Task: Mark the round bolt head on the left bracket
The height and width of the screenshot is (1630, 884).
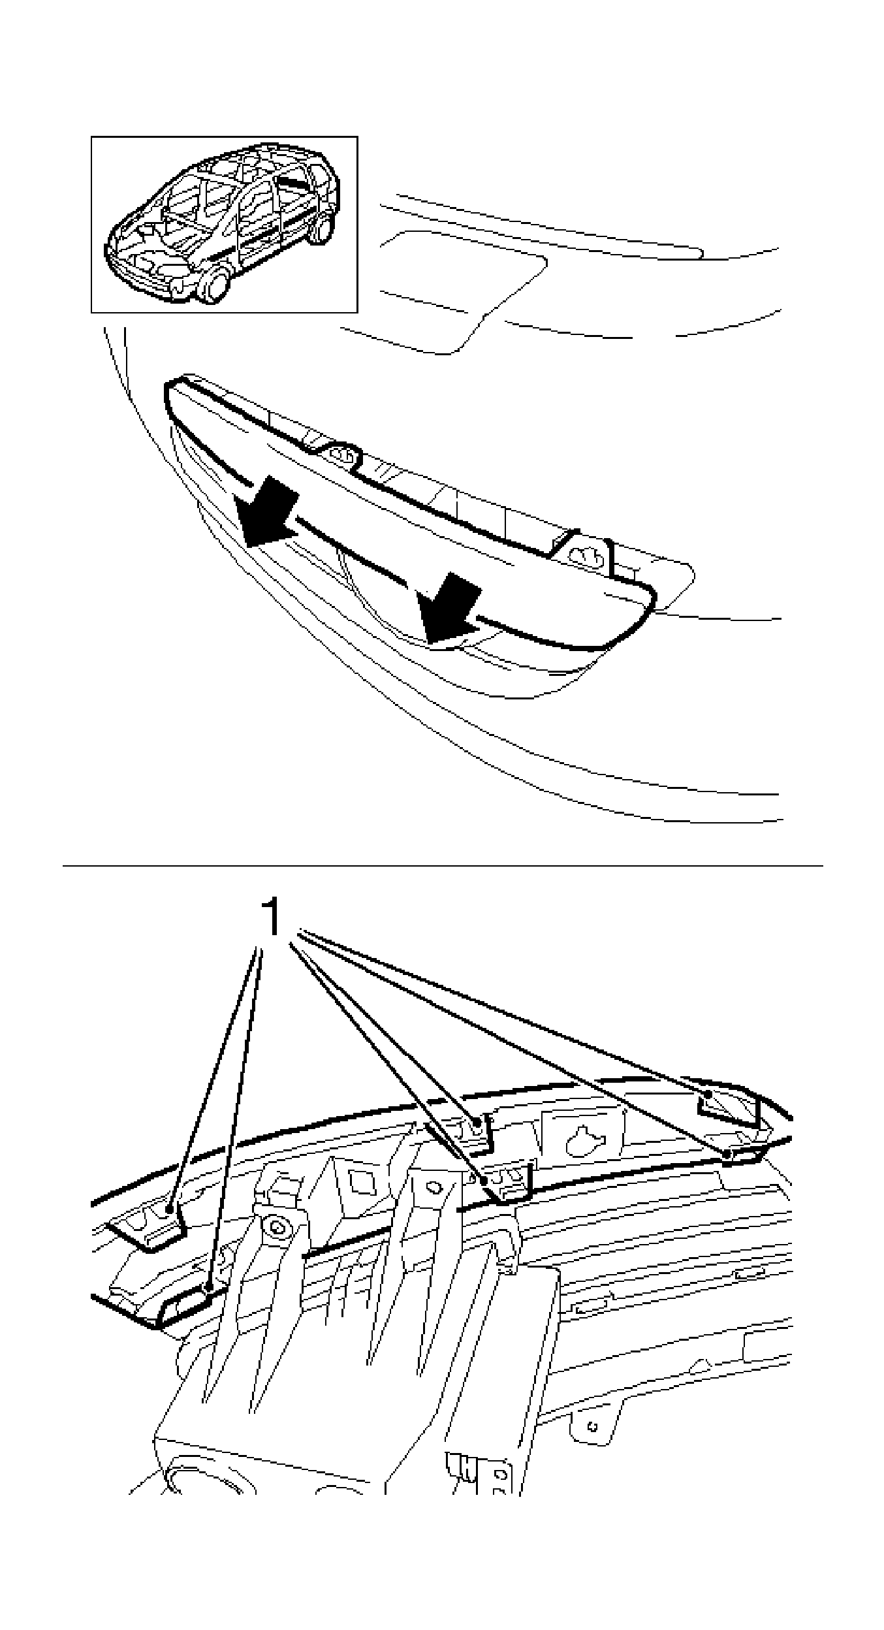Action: coord(279,1228)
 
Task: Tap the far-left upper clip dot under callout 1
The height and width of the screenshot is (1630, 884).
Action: coord(169,1209)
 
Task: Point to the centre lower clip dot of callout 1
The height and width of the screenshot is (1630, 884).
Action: coord(484,1180)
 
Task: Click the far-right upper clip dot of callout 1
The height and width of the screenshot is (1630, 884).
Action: coord(708,1093)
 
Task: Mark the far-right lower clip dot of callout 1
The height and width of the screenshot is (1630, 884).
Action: coord(727,1154)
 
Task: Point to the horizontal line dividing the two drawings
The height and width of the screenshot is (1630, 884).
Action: coord(443,867)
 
